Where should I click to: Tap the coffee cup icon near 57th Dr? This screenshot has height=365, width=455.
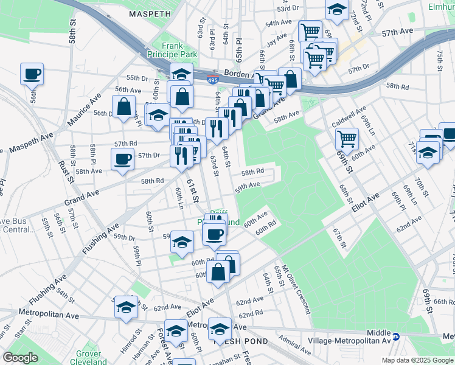coord(122,159)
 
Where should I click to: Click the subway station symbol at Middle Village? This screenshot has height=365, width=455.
coord(396,336)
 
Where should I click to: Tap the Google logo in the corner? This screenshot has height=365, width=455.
coord(21,358)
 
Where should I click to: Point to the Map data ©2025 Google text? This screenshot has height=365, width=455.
coord(417,360)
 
